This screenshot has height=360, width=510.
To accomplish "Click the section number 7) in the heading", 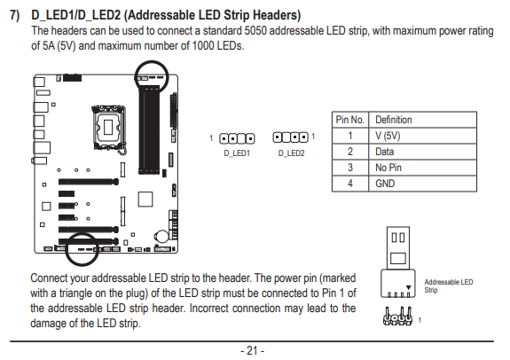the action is click(x=15, y=15).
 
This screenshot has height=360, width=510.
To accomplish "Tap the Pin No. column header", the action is click(x=350, y=120).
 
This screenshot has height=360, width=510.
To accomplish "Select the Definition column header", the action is click(x=394, y=120).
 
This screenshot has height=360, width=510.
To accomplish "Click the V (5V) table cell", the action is click(x=388, y=136).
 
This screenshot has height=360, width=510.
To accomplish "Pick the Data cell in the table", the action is click(x=384, y=152).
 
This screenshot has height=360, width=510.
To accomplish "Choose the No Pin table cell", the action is click(x=388, y=168).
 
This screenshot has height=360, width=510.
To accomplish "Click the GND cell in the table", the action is click(x=385, y=184).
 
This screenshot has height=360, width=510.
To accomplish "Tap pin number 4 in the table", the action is click(x=350, y=184).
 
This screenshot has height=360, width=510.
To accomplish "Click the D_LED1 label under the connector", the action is click(x=237, y=153).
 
